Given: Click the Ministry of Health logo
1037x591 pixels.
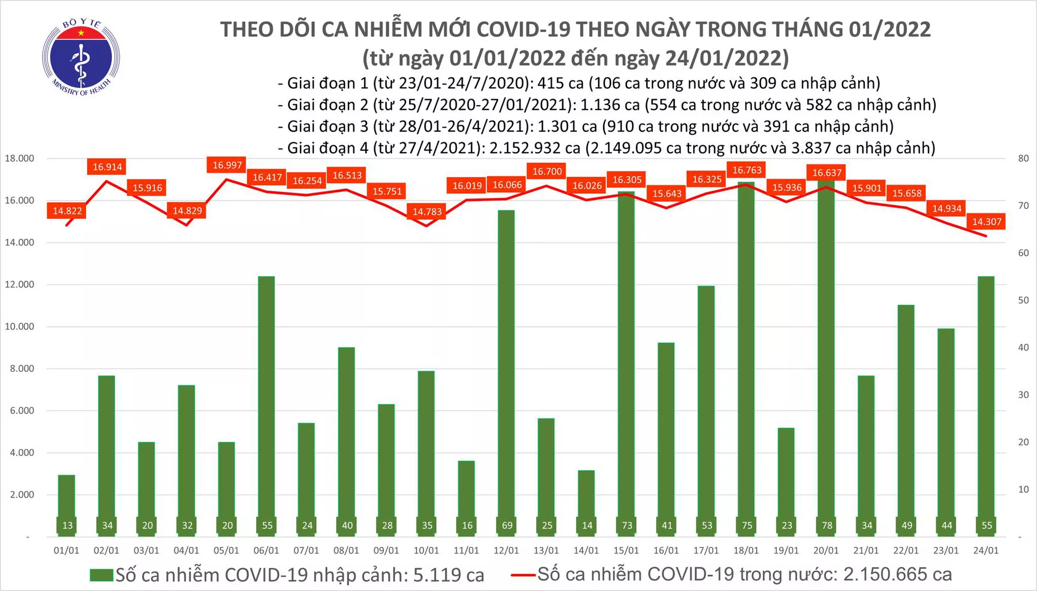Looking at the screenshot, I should click(81, 58).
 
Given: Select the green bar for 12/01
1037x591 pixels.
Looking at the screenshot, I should click(506, 363).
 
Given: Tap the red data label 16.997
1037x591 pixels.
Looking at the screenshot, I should click(227, 165).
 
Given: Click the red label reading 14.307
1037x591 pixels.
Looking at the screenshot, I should click(986, 222).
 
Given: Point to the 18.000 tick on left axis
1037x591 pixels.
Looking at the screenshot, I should click(19, 158).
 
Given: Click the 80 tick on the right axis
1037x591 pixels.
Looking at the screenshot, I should click(1023, 158).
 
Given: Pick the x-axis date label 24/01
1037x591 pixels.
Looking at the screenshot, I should click(985, 551).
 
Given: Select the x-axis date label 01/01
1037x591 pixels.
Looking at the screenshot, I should click(66, 551).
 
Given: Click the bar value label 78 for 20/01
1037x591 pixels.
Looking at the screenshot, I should click(826, 525).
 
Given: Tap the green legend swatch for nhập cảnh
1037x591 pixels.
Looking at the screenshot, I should click(101, 575).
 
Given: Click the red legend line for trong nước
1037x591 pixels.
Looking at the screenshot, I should click(523, 574).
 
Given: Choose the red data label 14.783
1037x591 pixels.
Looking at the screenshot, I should click(427, 212).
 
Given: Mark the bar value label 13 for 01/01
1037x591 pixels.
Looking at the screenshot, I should click(67, 525).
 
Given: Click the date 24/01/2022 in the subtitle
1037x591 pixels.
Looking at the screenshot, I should click(726, 58).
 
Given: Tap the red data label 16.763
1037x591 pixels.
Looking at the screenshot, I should click(747, 170).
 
